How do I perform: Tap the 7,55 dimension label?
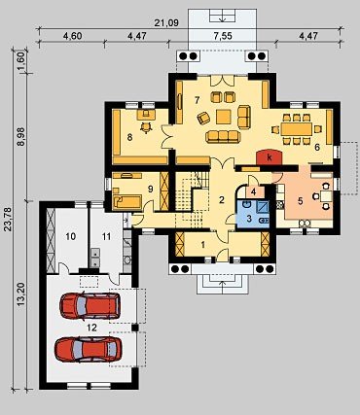223,36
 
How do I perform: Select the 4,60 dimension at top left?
72,36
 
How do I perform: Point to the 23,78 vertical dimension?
8,220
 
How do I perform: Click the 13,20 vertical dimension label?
21,295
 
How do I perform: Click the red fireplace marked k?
269,157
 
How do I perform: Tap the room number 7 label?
197,100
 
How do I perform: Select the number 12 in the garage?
91,328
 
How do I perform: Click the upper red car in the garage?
90,306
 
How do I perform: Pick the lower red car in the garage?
89,349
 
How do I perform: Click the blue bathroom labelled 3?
253,214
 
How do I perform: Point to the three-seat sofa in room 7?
223,136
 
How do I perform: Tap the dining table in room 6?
297,129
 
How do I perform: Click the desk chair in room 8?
146,127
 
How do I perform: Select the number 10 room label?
71,236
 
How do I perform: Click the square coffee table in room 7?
224,117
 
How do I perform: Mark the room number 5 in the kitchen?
301,201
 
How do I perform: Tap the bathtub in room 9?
127,201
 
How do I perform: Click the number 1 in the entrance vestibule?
203,245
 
